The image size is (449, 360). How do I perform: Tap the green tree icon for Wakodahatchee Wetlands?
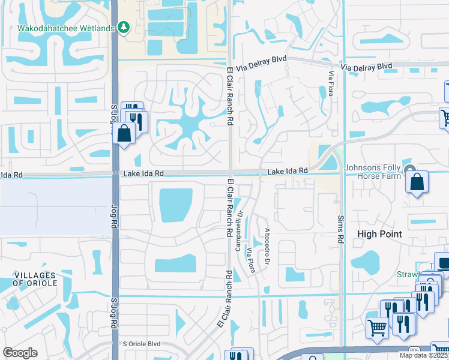(124, 27)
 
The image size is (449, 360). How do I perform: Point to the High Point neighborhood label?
(379, 234)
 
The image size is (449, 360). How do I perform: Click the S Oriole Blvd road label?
(142, 344)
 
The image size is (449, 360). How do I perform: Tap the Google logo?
(20, 352)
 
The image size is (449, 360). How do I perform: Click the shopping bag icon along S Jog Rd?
(124, 133)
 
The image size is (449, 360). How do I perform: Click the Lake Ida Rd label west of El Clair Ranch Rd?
(143, 173)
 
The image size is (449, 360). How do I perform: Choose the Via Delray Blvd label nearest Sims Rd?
(366, 66)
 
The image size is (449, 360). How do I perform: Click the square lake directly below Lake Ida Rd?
(176, 205)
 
